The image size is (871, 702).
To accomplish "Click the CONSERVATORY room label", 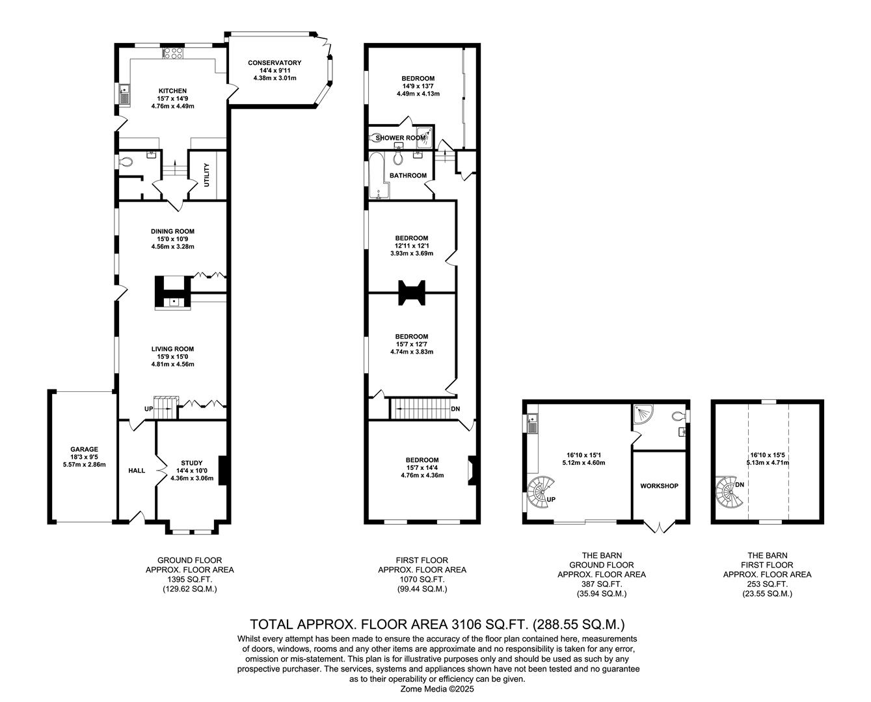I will coord(275,63).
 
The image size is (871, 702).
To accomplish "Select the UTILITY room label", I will coord(207,175).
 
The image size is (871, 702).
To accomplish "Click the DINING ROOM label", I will coord(172,231).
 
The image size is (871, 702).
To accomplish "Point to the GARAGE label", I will coord(84,449).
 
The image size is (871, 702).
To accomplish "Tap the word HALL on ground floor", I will coord(137,471).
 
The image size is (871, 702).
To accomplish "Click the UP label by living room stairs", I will coord(149,409).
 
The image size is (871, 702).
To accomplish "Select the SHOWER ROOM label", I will coord(399,138).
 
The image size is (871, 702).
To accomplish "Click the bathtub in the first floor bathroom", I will coord(378,175).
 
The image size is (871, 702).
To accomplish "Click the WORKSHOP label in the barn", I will coord(659,486).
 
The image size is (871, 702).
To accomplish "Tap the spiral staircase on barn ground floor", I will coord(541,492).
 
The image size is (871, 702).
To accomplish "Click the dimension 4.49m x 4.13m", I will coord(418,94).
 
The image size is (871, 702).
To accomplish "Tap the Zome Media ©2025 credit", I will coord(437,689).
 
